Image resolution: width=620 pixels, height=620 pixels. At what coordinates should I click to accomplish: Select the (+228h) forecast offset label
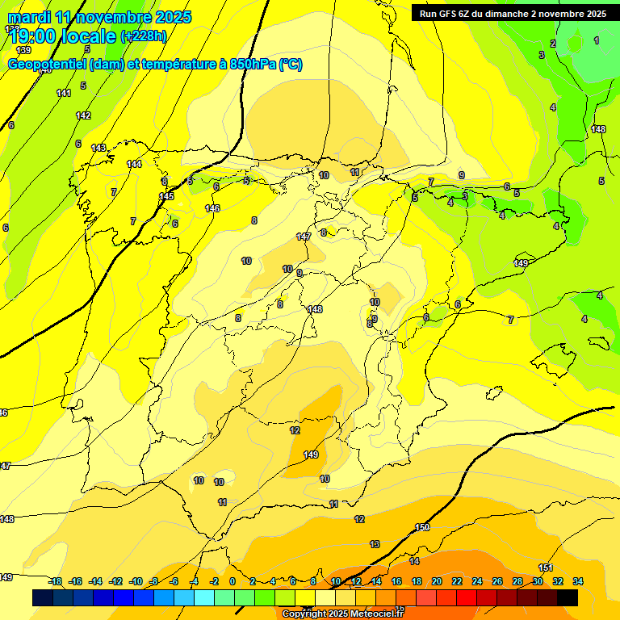point(144,36)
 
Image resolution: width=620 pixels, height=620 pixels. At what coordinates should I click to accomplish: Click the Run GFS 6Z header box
point(510,13)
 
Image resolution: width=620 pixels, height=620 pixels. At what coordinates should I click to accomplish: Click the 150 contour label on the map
point(422,527)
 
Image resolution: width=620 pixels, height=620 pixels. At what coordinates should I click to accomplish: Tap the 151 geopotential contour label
point(546,568)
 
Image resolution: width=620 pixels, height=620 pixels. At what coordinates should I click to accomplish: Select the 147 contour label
point(304,237)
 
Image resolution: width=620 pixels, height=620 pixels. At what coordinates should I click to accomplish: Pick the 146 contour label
point(212,208)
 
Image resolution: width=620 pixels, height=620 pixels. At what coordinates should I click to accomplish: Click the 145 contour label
point(166,196)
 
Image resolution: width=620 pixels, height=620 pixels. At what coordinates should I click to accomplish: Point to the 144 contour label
point(134,164)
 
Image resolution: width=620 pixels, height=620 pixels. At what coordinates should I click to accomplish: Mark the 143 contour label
point(98,148)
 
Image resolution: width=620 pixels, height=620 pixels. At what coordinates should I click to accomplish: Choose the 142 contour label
point(83,115)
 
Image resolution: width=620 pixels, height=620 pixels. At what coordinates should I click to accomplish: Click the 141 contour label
point(64,93)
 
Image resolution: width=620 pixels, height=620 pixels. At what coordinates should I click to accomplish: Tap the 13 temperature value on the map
point(375,544)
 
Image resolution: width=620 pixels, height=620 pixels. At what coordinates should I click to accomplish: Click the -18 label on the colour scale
point(55,581)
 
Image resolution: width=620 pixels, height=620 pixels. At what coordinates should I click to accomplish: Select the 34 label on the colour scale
point(578,581)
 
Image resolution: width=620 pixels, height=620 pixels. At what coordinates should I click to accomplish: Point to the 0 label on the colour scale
point(232,581)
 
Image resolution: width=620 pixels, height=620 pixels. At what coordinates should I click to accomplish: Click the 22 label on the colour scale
point(457,581)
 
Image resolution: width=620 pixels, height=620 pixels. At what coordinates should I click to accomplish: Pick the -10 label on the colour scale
point(136,581)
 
